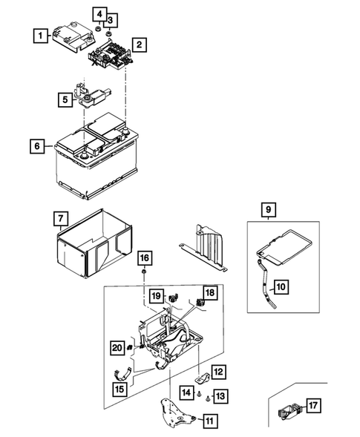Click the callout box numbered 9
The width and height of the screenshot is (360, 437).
click(x=269, y=210)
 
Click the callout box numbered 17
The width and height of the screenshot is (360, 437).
click(x=313, y=406)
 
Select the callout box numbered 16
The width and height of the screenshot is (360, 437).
click(x=143, y=257)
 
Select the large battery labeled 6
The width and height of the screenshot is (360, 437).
click(x=96, y=160)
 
